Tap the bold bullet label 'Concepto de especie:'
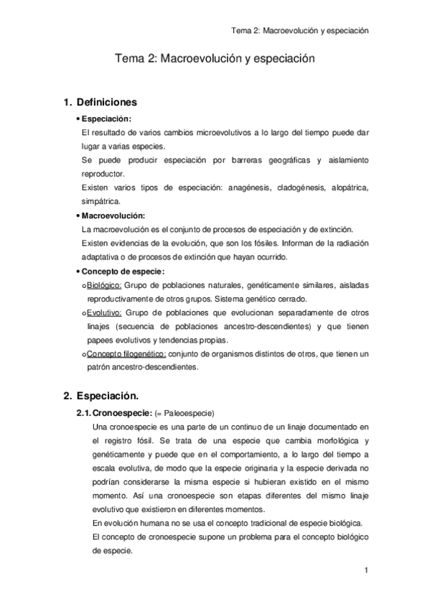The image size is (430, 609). coord(123,271)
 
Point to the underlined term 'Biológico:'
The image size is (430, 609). coord(105,284)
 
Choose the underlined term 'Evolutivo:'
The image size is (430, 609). coord(105,312)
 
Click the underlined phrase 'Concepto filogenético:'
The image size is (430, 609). coord(127,354)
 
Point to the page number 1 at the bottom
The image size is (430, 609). coord(366,571)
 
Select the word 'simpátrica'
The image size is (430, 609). coord(102,202)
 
